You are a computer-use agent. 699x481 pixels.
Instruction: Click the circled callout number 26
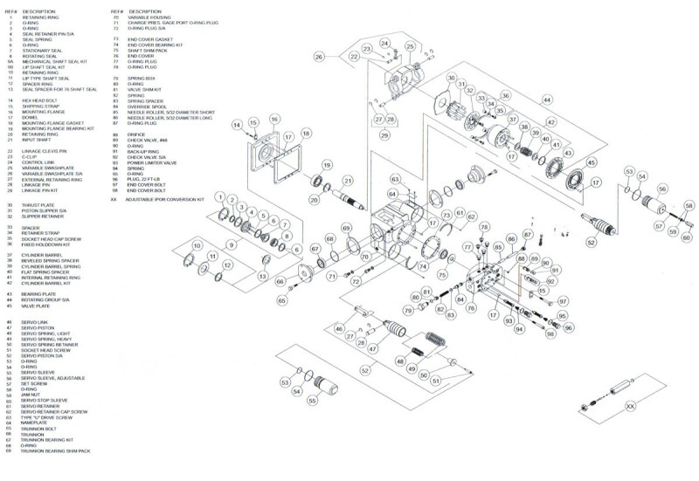319,57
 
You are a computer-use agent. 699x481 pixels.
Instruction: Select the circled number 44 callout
548,100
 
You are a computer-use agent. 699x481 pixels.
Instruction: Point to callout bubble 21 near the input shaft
348,181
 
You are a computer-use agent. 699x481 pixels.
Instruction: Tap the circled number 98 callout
550,334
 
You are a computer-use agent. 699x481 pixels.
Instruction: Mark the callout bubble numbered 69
346,229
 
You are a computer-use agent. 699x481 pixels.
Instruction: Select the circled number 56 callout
661,189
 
